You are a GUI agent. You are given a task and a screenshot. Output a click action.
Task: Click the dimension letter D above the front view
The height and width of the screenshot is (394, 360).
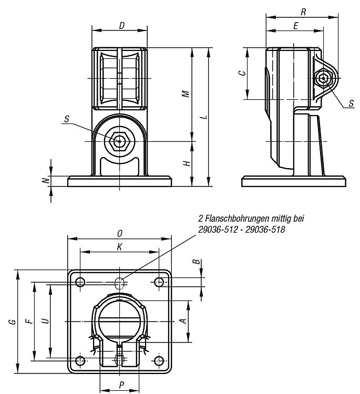click(122, 26)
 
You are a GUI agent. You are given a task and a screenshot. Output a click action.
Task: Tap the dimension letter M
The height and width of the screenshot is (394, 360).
click(186, 94)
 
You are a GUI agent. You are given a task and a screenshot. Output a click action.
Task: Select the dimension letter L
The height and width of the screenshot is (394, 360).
click(205, 117)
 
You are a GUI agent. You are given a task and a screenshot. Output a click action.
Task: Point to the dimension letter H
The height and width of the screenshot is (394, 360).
click(187, 163)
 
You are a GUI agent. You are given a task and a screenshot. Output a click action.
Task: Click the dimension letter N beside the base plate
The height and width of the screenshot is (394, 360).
click(46, 180)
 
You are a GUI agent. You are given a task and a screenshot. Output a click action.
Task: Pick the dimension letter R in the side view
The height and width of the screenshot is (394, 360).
click(303, 12)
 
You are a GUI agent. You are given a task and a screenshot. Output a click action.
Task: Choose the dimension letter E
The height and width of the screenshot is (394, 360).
click(296, 26)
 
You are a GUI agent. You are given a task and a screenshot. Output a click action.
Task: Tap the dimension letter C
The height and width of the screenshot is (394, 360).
click(242, 73)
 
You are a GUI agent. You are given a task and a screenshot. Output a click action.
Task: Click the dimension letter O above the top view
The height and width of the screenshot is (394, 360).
click(120, 234)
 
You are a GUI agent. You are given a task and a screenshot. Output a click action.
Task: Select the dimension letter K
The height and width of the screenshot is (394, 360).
click(120, 247)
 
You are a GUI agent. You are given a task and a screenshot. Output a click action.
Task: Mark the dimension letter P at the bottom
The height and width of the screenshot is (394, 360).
click(122, 385)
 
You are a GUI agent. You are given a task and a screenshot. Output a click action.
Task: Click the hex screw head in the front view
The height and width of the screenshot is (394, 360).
click(119, 141)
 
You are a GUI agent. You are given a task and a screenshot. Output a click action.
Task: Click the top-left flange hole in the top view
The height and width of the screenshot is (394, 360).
click(80, 282)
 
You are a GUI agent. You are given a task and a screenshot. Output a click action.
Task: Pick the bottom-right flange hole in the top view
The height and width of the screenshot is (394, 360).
click(159, 361)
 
